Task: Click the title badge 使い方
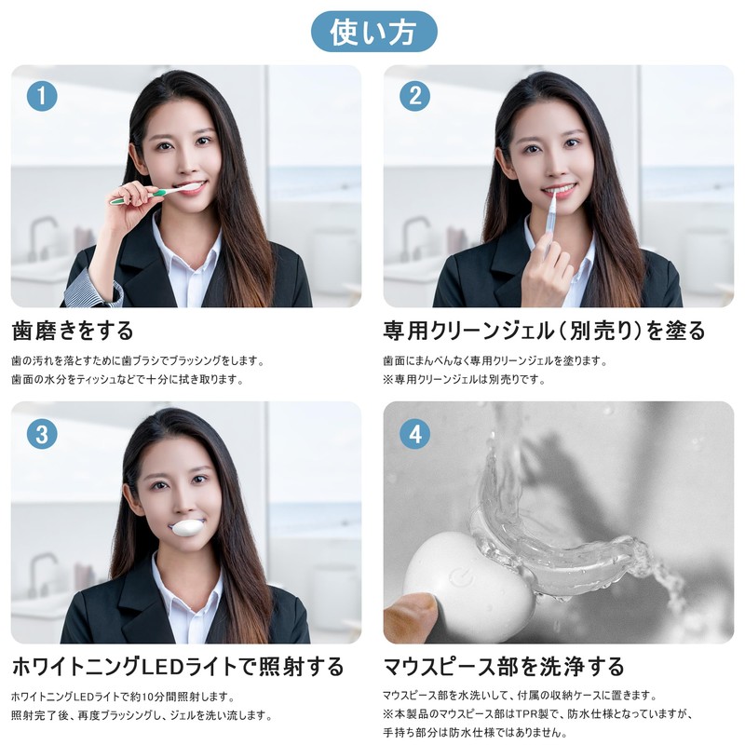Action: coord(372,32)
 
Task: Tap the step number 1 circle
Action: coord(42,96)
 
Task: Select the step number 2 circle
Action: coord(414,96)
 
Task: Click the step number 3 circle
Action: coord(42,433)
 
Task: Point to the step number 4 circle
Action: coord(414,433)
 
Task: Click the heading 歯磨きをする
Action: coord(73,331)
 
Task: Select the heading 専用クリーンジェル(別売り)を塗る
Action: coord(544,331)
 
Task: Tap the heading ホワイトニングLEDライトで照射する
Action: coord(178,667)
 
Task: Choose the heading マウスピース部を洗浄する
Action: coord(504,667)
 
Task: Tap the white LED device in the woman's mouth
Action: coord(185,528)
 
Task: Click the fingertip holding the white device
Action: coord(410,615)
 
